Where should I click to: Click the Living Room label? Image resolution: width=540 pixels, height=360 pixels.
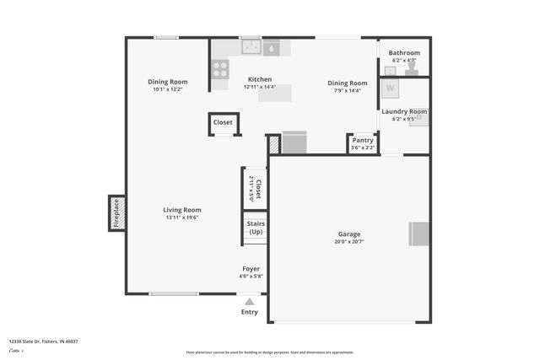182,210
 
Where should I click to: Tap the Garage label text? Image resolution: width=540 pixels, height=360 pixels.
349,234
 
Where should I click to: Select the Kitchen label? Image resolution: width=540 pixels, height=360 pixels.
259,79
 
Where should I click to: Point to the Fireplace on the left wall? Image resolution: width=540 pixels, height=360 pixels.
117,213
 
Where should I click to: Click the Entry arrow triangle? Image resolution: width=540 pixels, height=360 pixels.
249,300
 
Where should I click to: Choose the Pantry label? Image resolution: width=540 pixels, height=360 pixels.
363,140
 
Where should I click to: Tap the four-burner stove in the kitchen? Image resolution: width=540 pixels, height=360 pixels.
219,68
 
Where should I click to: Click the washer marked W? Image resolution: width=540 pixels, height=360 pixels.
391,88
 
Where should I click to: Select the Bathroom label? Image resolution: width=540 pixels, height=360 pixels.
404,52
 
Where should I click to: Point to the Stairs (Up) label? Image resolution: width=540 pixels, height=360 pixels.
255,228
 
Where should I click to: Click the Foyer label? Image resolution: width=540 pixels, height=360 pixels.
251,268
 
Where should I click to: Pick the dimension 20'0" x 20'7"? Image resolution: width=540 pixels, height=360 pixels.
349,242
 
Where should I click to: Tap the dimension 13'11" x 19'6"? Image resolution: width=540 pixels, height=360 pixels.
182,218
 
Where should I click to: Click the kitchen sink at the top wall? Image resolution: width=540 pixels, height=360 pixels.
251,48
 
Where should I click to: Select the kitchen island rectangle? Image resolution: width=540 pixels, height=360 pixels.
275,93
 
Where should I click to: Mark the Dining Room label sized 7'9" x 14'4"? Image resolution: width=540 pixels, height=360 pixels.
348,83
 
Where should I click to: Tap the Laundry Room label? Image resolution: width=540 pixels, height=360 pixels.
404,111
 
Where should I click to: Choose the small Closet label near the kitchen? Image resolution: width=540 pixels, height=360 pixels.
223,122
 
